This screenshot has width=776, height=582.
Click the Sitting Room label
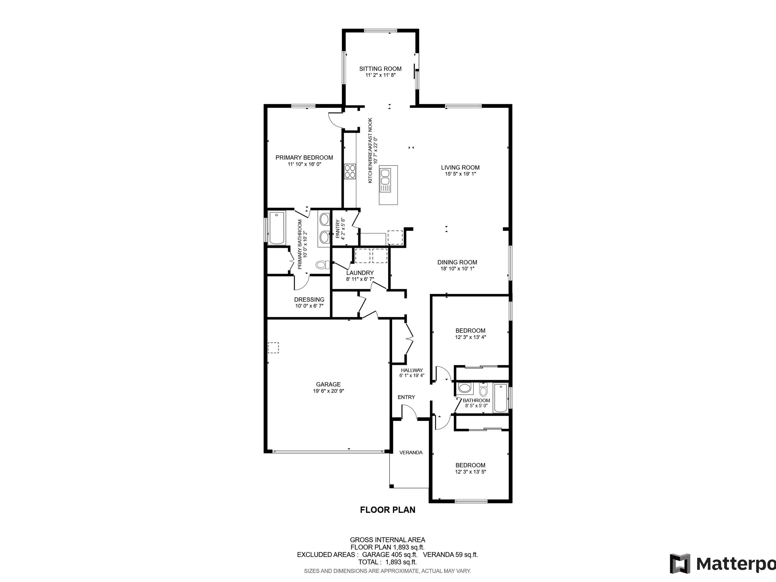(380, 69)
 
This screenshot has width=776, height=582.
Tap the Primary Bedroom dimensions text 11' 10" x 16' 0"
(304, 164)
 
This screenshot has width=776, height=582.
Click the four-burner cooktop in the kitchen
(350, 172)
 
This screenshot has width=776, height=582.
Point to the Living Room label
(460, 168)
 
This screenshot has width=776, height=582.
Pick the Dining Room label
(457, 262)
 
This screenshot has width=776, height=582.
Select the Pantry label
(337, 229)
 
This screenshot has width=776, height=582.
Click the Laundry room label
(360, 273)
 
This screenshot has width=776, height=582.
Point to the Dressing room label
(309, 300)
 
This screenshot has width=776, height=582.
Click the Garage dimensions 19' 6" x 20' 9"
(328, 391)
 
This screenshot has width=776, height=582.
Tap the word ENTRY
(406, 397)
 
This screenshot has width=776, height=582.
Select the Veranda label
(411, 453)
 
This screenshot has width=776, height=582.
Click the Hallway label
(412, 370)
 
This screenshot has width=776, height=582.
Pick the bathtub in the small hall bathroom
(500, 398)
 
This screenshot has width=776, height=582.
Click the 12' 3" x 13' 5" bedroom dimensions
(470, 472)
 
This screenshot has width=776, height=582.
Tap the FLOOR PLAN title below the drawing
(388, 510)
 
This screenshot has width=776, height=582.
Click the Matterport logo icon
(680, 564)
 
